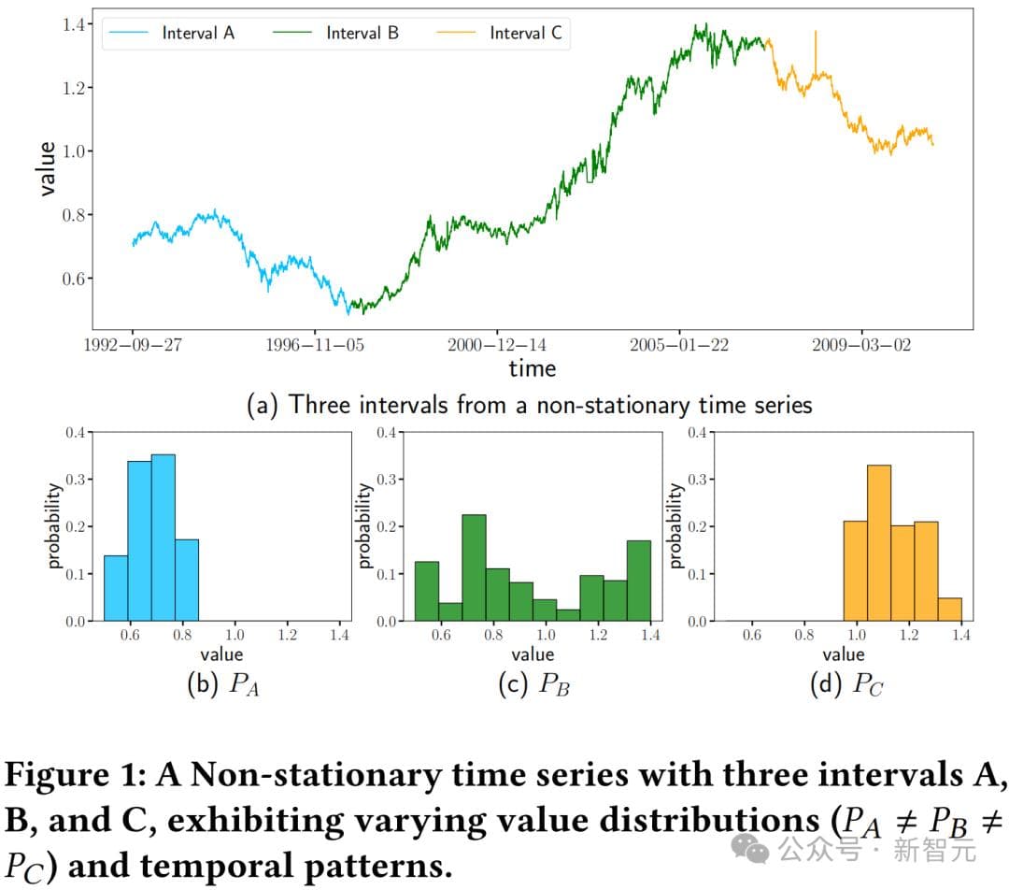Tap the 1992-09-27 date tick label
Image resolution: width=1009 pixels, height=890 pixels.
click(132, 345)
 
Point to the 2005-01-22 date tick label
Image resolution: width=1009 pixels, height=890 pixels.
click(679, 345)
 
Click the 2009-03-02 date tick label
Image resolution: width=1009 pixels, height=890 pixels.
click(861, 345)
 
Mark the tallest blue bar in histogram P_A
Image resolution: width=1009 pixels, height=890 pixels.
click(163, 538)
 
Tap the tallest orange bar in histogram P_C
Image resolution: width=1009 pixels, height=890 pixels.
click(879, 542)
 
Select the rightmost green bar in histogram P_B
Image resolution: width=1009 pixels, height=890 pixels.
click(639, 581)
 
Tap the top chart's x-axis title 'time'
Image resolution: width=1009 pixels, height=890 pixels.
click(532, 368)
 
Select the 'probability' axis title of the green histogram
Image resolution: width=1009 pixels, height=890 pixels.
click(365, 525)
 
